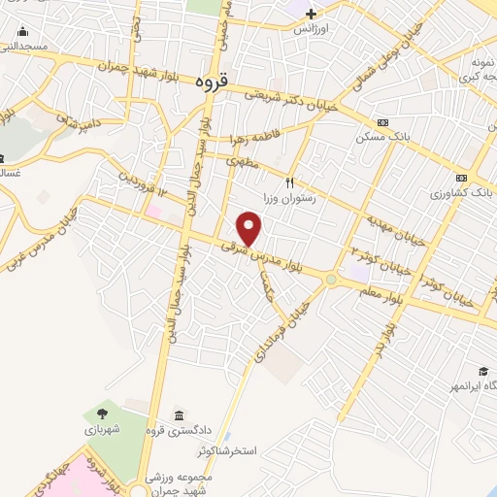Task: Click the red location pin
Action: (x=249, y=229)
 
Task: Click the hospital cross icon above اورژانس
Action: (x=311, y=14)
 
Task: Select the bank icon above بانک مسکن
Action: (x=383, y=122)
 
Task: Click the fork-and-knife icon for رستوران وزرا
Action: (x=288, y=182)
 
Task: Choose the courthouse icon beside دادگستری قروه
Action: (x=178, y=415)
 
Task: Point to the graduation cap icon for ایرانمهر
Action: (x=482, y=372)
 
